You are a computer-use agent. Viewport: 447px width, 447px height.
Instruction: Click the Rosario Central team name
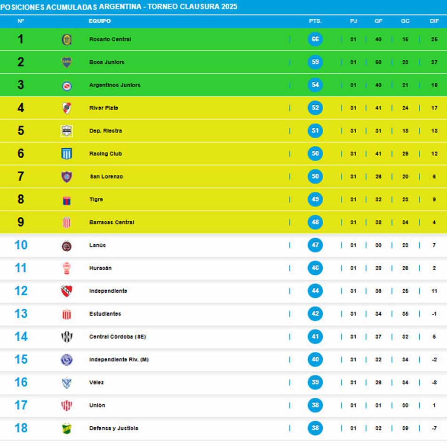110,40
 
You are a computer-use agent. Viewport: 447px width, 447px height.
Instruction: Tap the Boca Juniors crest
67,62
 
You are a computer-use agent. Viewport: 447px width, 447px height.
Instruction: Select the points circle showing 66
315,39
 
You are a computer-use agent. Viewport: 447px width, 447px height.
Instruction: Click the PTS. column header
315,21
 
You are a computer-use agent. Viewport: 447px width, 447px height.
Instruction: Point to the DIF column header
434,21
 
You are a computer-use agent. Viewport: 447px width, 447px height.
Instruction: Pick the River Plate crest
67,108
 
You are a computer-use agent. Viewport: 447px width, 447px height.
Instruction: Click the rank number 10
21,245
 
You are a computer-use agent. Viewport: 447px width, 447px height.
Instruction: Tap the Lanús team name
97,245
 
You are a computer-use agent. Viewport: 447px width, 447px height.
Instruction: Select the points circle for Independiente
315,291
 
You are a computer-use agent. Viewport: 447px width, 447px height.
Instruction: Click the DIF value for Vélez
434,383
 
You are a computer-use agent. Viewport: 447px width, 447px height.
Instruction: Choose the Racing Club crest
67,154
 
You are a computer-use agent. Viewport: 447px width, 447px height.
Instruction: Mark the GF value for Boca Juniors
378,62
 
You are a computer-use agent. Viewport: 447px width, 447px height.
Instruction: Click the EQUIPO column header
100,21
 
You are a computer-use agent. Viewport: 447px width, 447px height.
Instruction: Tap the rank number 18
21,428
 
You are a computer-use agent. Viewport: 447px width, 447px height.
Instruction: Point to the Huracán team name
100,268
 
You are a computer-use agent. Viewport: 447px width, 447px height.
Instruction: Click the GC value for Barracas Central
405,223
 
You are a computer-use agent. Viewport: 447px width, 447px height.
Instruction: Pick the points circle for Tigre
315,200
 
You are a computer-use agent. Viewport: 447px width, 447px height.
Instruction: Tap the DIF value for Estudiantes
434,314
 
